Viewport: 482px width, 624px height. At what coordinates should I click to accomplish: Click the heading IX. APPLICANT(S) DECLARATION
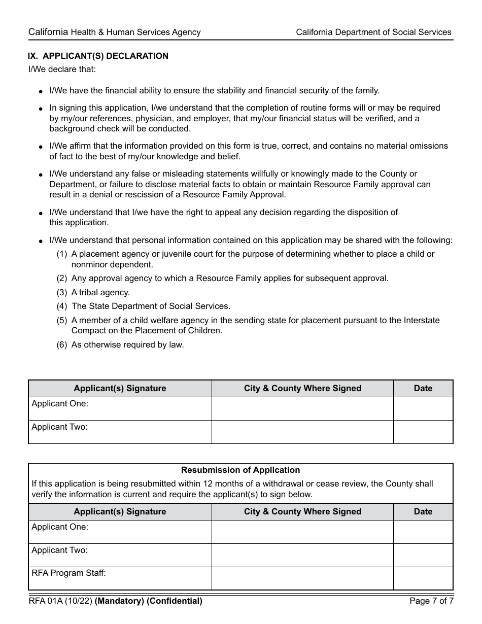(98, 56)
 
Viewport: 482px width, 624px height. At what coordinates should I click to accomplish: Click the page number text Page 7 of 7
(431, 601)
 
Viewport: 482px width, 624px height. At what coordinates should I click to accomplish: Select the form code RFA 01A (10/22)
(60, 601)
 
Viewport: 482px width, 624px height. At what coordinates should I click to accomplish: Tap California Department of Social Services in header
(373, 32)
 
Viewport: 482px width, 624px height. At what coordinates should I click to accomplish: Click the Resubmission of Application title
(240, 470)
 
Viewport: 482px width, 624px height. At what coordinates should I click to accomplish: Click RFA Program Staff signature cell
(120, 578)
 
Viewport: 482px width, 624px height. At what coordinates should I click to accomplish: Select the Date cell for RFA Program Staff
(423, 578)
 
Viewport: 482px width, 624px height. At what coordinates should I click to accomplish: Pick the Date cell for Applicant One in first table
(423, 408)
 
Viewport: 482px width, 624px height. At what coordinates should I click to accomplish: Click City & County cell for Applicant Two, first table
(302, 432)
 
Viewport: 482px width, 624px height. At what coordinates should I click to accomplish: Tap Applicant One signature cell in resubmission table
(120, 532)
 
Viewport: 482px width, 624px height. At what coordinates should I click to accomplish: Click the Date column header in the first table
(423, 388)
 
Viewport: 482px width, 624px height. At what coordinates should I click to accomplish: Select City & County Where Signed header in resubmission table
(302, 511)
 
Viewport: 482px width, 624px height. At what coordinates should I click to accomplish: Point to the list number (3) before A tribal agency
(61, 293)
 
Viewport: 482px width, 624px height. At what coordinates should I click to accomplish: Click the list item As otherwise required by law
(127, 345)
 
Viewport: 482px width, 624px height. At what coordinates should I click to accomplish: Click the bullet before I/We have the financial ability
(41, 92)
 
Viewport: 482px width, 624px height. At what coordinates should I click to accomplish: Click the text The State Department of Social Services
(151, 306)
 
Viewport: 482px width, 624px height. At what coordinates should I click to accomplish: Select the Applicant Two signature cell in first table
(120, 432)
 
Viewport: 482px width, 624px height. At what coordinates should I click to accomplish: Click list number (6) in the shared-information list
(61, 345)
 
